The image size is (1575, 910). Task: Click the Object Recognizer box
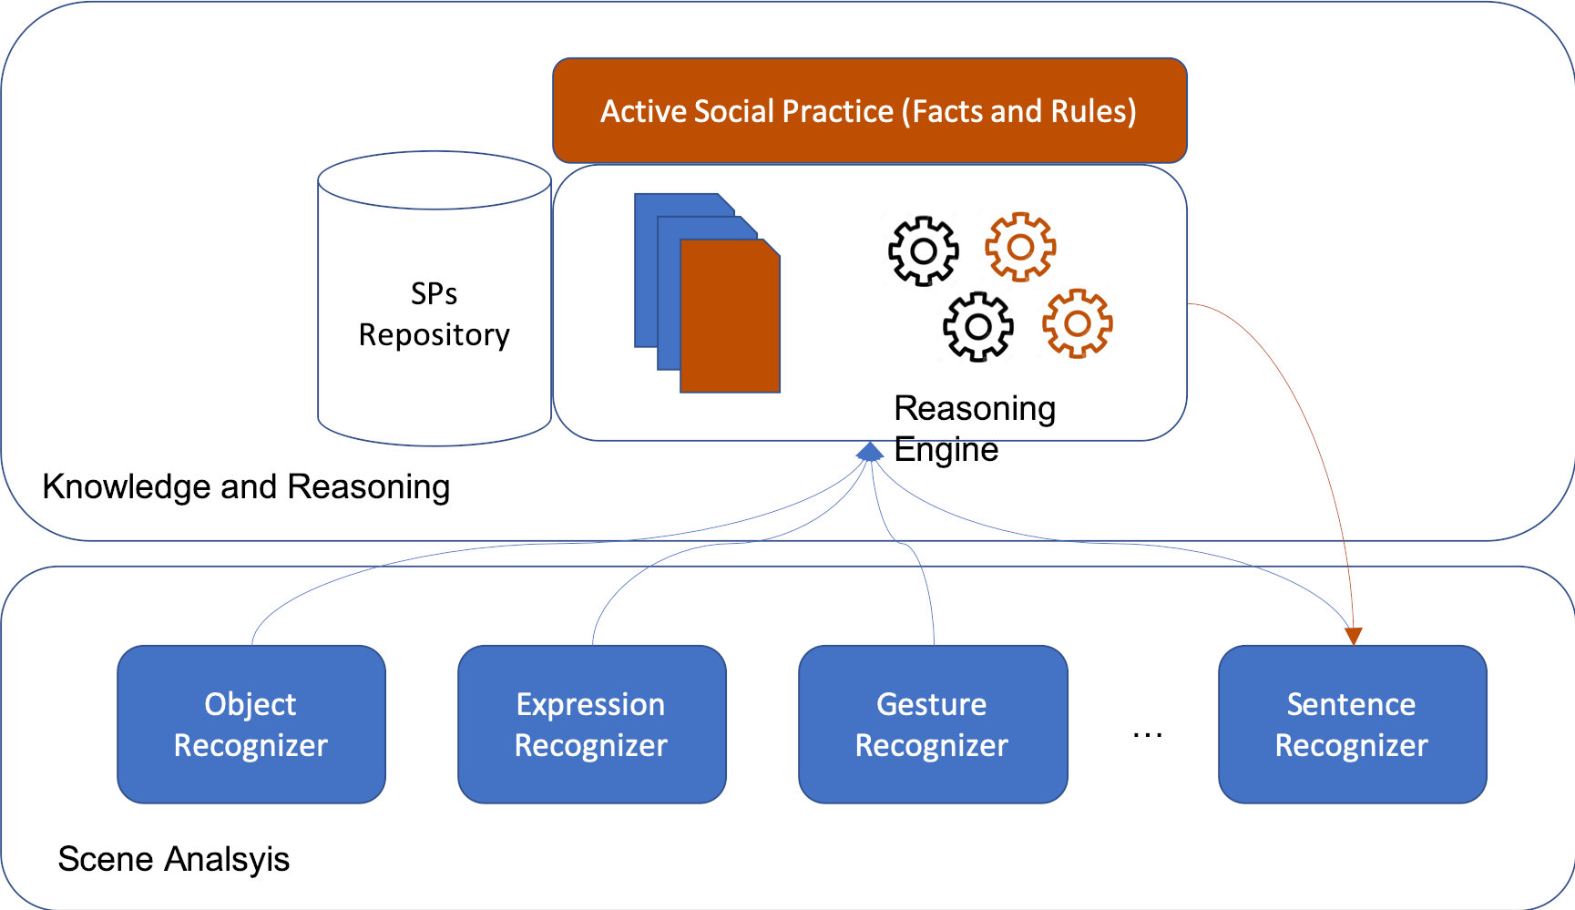251,724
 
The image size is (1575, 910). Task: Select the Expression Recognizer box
592,724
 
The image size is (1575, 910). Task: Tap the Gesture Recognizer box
933,724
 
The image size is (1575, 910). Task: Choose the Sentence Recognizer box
1353,724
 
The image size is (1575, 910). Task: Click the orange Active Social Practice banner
870,110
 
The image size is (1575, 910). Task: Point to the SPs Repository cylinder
435,299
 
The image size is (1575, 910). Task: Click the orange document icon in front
730,316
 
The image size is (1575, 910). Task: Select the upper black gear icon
924,251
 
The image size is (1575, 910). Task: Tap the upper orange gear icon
1020,247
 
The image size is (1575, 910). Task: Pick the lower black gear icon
978,326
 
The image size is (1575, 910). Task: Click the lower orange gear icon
1078,323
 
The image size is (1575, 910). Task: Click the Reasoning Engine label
975,428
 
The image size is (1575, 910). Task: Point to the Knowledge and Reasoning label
246,487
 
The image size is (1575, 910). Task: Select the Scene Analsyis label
174,859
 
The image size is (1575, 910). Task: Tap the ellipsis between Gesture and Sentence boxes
1148,734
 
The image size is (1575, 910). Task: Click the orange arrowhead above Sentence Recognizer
1354,636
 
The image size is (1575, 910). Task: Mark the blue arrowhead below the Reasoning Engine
870,451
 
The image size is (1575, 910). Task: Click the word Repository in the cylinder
435,335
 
